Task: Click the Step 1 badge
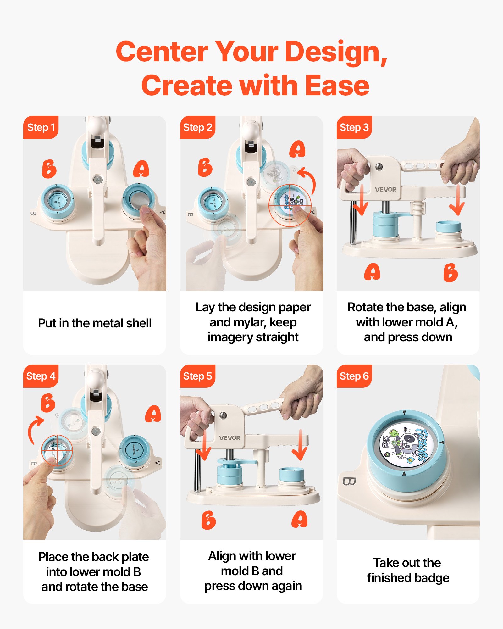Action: (x=41, y=127)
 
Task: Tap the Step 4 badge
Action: (x=41, y=376)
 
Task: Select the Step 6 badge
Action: (x=354, y=376)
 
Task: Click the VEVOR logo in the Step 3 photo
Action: (x=385, y=189)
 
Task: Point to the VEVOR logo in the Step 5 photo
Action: (x=229, y=438)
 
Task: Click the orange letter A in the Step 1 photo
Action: (x=141, y=169)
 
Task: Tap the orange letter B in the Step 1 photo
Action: (x=49, y=169)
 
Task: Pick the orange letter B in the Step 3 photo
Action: (x=450, y=272)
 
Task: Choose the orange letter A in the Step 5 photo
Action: (x=300, y=519)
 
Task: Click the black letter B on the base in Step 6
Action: (x=349, y=481)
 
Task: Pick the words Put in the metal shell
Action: (x=95, y=323)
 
